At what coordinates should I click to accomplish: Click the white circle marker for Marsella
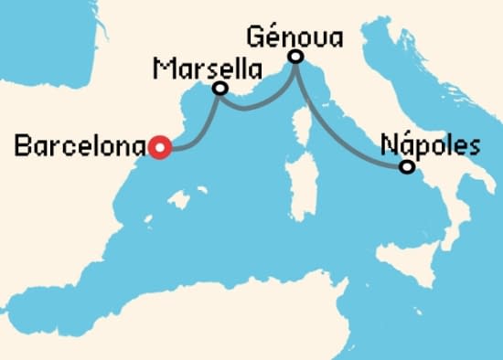point(219,89)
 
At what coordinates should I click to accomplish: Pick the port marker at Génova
point(295,57)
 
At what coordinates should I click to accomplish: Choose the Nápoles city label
point(430,144)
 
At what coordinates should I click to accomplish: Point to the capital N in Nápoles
point(387,144)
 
